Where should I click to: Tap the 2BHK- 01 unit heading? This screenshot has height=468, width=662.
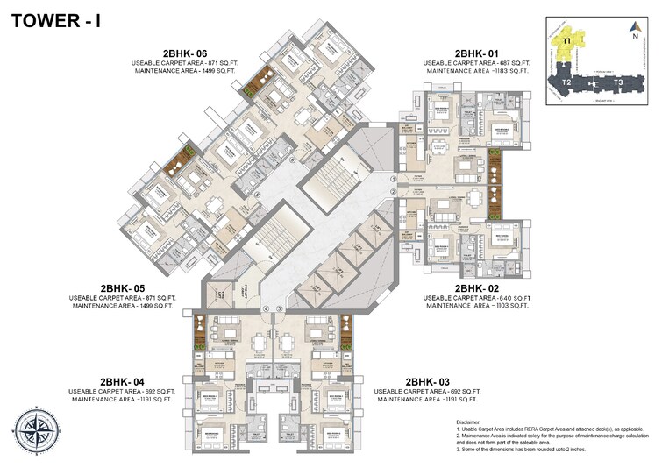pyautogui.click(x=479, y=53)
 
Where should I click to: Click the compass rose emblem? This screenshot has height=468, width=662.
pyautogui.click(x=35, y=435)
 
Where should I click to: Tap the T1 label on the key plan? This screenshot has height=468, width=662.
pyautogui.click(x=567, y=40)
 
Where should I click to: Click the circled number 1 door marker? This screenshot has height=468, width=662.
pyautogui.click(x=395, y=178)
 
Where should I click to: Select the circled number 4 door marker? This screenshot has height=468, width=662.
pyautogui.click(x=266, y=308)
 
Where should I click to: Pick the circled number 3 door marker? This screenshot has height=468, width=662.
pyautogui.click(x=279, y=308)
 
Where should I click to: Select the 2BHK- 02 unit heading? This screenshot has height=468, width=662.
pyautogui.click(x=479, y=287)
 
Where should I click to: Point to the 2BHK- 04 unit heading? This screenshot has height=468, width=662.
pyautogui.click(x=122, y=381)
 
